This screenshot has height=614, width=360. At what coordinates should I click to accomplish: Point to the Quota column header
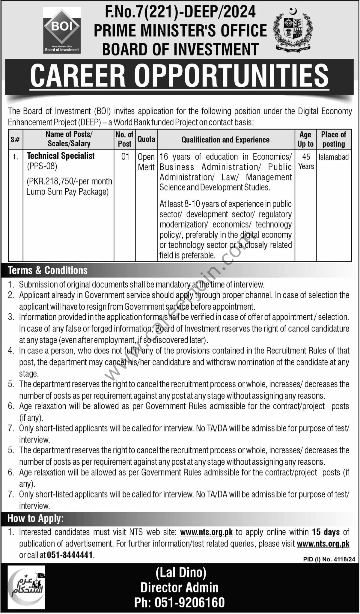146,139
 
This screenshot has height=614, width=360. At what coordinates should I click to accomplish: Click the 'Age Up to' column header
305,139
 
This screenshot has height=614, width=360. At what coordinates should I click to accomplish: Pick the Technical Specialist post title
61,156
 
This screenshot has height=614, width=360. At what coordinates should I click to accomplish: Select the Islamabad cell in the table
333,157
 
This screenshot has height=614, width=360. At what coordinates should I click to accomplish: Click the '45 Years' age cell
306,161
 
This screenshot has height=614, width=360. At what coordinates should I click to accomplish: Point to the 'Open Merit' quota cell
146,162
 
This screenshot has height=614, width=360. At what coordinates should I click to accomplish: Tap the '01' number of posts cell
125,156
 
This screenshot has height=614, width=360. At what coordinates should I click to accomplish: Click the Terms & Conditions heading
48,270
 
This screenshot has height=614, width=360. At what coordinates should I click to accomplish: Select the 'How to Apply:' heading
36,518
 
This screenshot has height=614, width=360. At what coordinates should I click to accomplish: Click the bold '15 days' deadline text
326,532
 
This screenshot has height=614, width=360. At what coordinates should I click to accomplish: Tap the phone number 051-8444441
70,555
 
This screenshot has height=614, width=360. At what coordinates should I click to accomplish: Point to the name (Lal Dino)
181,573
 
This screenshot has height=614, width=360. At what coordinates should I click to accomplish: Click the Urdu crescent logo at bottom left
26,587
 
